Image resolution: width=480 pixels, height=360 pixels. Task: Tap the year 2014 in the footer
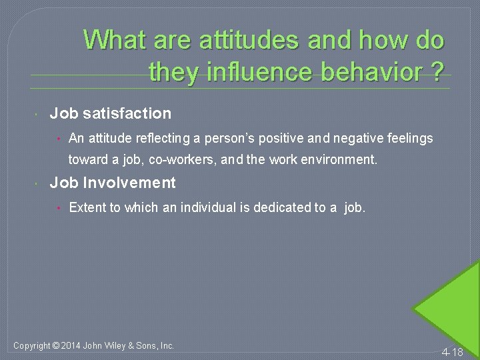click(x=70, y=345)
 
